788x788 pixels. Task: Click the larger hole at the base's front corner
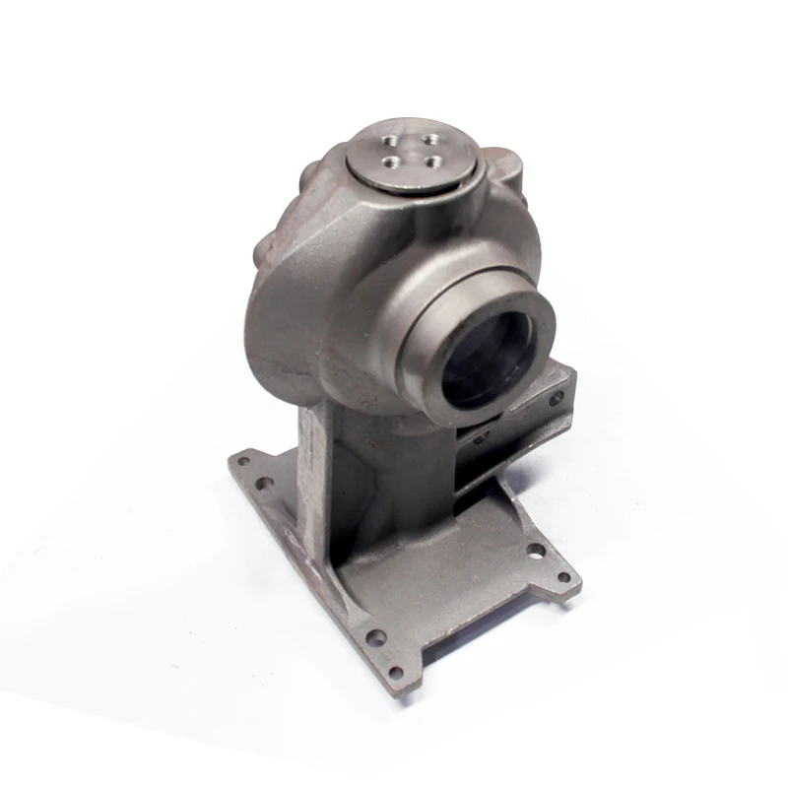(374, 636)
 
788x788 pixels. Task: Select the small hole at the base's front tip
(395, 674)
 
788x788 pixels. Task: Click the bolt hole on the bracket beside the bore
(557, 398)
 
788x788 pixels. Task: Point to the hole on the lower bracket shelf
(480, 437)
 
